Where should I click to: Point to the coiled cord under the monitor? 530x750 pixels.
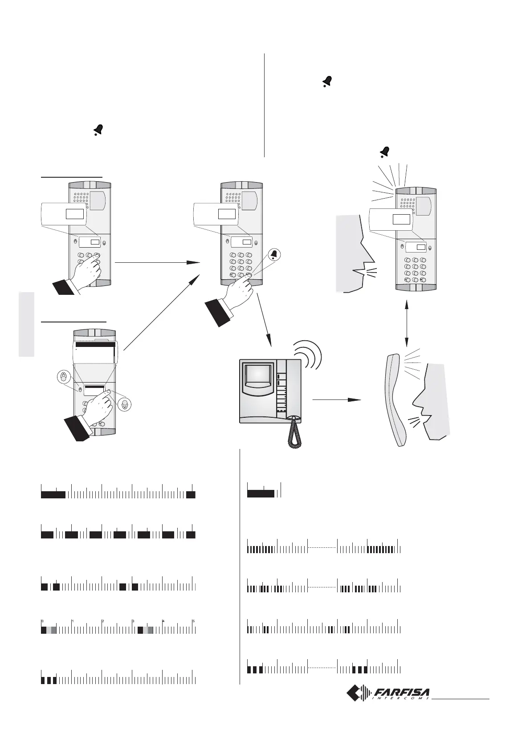[293, 434]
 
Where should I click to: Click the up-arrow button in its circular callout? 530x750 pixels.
[64, 377]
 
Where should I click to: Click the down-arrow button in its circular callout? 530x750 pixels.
[125, 405]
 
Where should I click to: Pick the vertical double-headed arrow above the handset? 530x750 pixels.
[406, 323]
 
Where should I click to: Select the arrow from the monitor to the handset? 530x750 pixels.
[336, 400]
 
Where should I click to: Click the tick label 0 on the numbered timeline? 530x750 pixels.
[43, 621]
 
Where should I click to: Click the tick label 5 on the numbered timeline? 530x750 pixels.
[193, 621]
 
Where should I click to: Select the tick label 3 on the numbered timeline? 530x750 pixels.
[133, 621]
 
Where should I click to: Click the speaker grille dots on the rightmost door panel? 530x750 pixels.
[408, 203]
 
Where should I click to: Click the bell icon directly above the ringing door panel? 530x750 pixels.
[384, 152]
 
